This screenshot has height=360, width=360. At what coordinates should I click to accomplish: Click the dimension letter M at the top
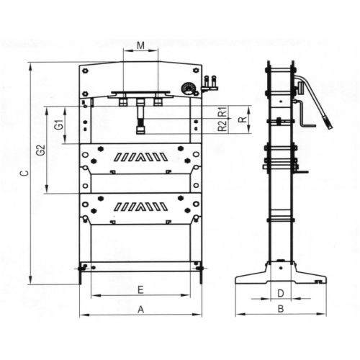(x=140, y=46)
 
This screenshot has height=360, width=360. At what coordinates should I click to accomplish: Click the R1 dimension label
(x=222, y=112)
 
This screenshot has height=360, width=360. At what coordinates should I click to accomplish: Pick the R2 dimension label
(x=222, y=127)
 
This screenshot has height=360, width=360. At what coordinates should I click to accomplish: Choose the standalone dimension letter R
(x=242, y=119)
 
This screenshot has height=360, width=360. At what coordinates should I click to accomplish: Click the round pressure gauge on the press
(x=189, y=89)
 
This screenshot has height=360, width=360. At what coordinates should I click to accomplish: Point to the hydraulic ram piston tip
(x=140, y=130)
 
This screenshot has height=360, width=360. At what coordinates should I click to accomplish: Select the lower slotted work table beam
(x=140, y=207)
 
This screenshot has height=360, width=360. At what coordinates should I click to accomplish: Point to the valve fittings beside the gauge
(x=210, y=84)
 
